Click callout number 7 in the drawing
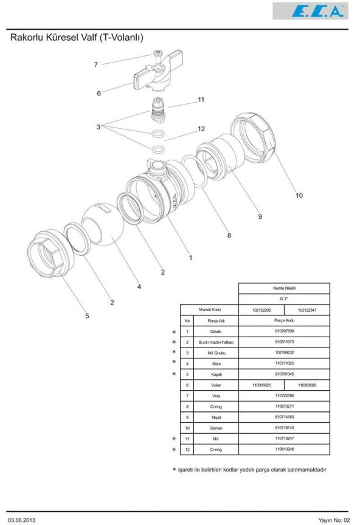pos(95,64)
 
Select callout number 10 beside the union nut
pos(299,196)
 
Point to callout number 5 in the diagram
pos(86,315)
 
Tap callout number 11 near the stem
pos(201,100)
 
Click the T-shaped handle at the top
pos(154,74)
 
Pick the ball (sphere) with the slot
pos(102,223)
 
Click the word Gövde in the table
pos(215,331)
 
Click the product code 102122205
pos(261,310)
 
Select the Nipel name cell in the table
pos(215,417)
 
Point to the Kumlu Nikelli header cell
pos(284,288)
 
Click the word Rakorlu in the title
pos(30,38)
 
